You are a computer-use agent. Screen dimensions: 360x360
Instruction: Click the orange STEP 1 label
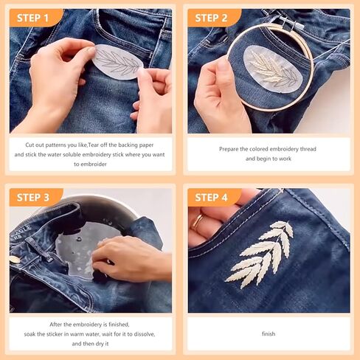[35, 18]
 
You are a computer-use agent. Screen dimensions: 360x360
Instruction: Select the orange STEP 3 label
[35, 197]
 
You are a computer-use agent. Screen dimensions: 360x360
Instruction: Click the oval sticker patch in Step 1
[118, 63]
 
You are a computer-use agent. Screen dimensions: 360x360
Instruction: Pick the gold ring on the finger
[198, 220]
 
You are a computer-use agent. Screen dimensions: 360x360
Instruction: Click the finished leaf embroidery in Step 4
[259, 255]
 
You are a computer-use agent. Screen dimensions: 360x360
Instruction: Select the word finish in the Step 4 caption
[269, 333]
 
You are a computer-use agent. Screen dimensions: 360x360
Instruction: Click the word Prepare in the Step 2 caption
[231, 149]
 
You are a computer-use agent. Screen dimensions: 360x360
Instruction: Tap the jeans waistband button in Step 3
[15, 260]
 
